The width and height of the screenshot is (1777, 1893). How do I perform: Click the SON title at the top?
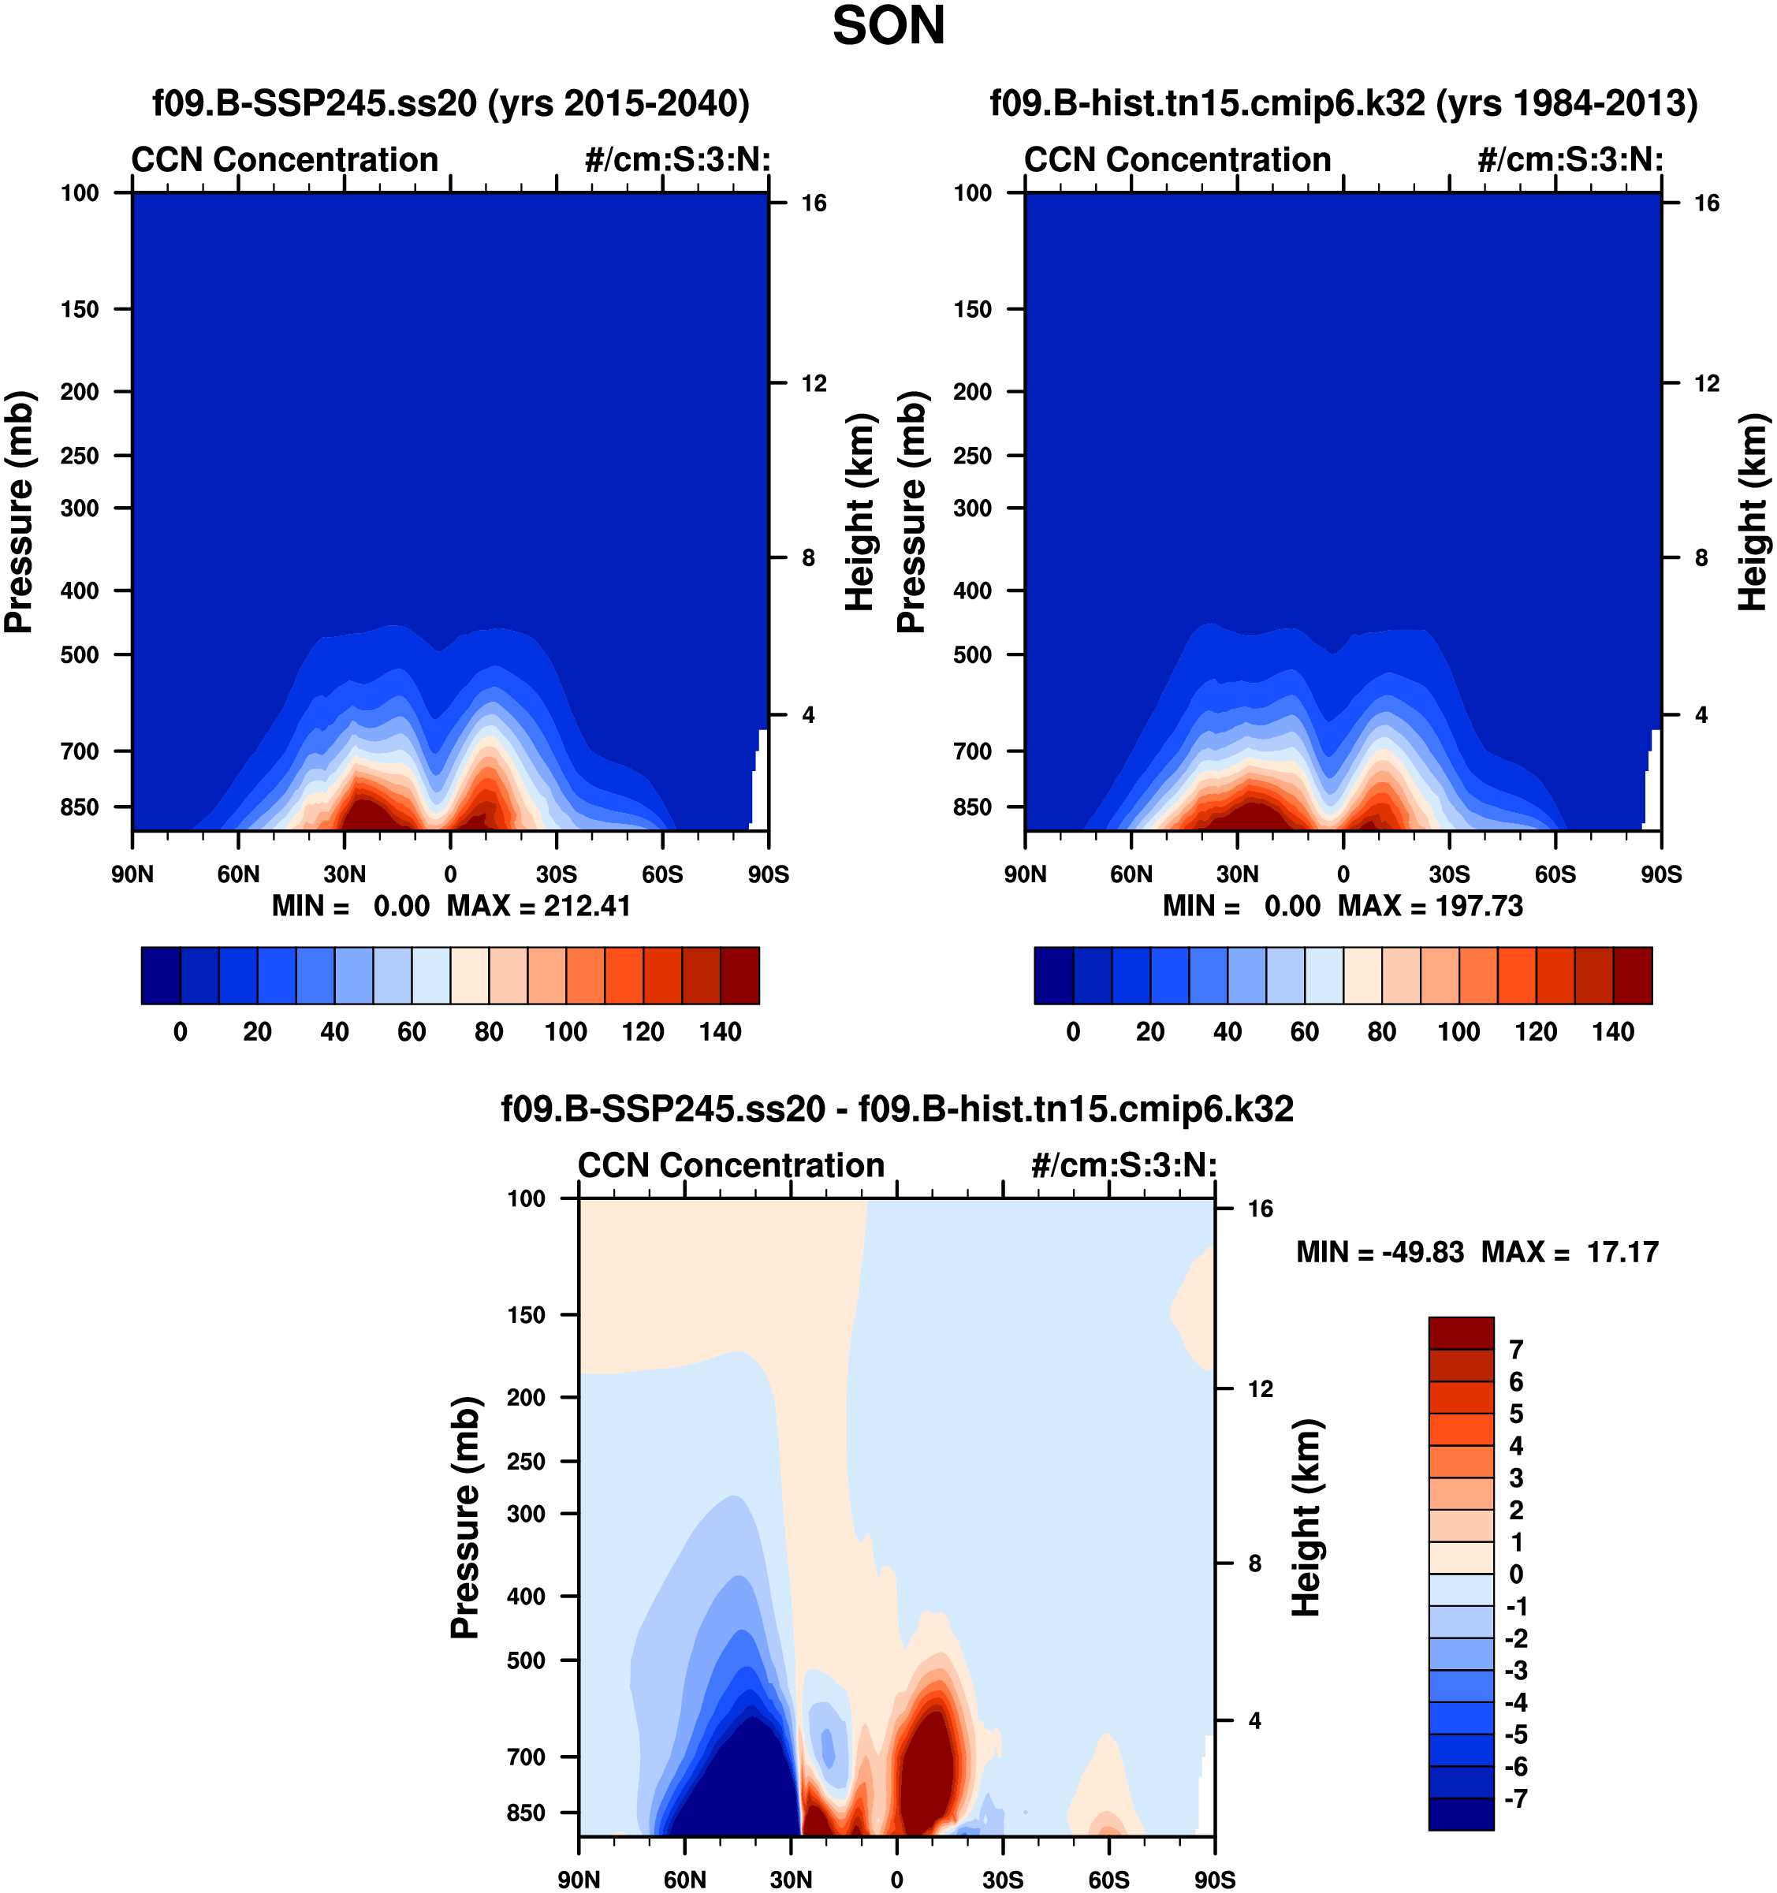(888, 26)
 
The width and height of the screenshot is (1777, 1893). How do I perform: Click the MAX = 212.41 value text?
(539, 906)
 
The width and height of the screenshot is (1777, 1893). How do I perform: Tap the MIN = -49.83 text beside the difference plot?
(1380, 1251)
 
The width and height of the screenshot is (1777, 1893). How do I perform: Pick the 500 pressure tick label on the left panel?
(80, 655)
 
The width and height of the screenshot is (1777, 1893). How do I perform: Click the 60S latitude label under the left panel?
(662, 874)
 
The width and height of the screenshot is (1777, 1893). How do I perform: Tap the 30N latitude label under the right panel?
(1237, 874)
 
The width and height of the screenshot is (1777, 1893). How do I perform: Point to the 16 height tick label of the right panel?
(1707, 203)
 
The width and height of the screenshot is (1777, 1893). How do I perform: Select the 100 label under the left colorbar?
(566, 1031)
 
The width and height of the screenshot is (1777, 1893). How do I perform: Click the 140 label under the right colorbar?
(1613, 1031)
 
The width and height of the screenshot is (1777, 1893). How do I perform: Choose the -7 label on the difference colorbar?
(1515, 1798)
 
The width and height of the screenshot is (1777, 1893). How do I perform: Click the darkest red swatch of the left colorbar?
(740, 975)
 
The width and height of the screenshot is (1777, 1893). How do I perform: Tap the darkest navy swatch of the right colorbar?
(1053, 975)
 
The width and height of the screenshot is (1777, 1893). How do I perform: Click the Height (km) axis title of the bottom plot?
(1306, 1518)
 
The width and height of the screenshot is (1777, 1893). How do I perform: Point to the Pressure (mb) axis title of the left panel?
(19, 512)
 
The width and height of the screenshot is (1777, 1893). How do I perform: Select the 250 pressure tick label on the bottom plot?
(527, 1461)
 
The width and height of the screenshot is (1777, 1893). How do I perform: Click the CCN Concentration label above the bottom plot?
(732, 1165)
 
